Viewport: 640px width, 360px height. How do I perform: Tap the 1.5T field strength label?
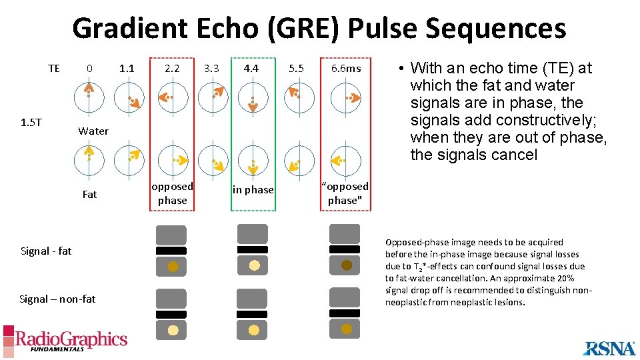pyautogui.click(x=31, y=122)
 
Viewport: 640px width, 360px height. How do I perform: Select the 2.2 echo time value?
pyautogui.click(x=172, y=68)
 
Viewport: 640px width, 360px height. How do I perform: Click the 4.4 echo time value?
pyautogui.click(x=251, y=68)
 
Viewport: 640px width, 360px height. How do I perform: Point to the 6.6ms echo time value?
pyautogui.click(x=346, y=68)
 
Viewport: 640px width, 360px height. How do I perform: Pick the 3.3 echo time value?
pyautogui.click(x=211, y=68)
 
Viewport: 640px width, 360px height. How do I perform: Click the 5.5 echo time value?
pyautogui.click(x=296, y=68)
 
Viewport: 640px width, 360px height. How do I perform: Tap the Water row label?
pyautogui.click(x=93, y=131)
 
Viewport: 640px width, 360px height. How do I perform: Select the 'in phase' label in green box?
pyautogui.click(x=253, y=190)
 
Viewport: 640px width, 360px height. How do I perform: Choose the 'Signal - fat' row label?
pyautogui.click(x=46, y=251)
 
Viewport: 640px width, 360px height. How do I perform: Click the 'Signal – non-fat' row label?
pyautogui.click(x=57, y=299)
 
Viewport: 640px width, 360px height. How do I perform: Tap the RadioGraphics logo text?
pyautogui.click(x=71, y=339)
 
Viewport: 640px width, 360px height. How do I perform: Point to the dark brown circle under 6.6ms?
pyautogui.click(x=347, y=265)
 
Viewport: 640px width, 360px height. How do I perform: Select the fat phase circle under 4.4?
pyautogui.click(x=252, y=160)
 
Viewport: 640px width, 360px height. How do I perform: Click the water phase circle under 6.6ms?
pyautogui.click(x=345, y=97)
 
